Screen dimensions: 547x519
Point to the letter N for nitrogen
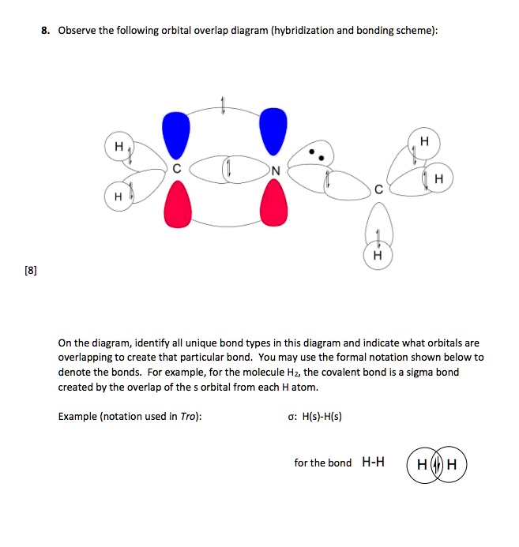coord(274,170)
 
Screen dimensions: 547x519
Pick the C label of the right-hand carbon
coord(379,189)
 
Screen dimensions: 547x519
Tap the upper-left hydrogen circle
coord(119,147)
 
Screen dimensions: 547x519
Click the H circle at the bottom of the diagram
coord(378,255)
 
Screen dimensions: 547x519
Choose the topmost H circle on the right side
coord(424,141)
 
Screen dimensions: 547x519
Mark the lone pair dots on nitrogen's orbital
coord(316,153)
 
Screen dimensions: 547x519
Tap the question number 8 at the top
coord(46,31)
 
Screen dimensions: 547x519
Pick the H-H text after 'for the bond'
coord(373,462)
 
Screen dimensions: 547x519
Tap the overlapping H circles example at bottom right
coord(436,463)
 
